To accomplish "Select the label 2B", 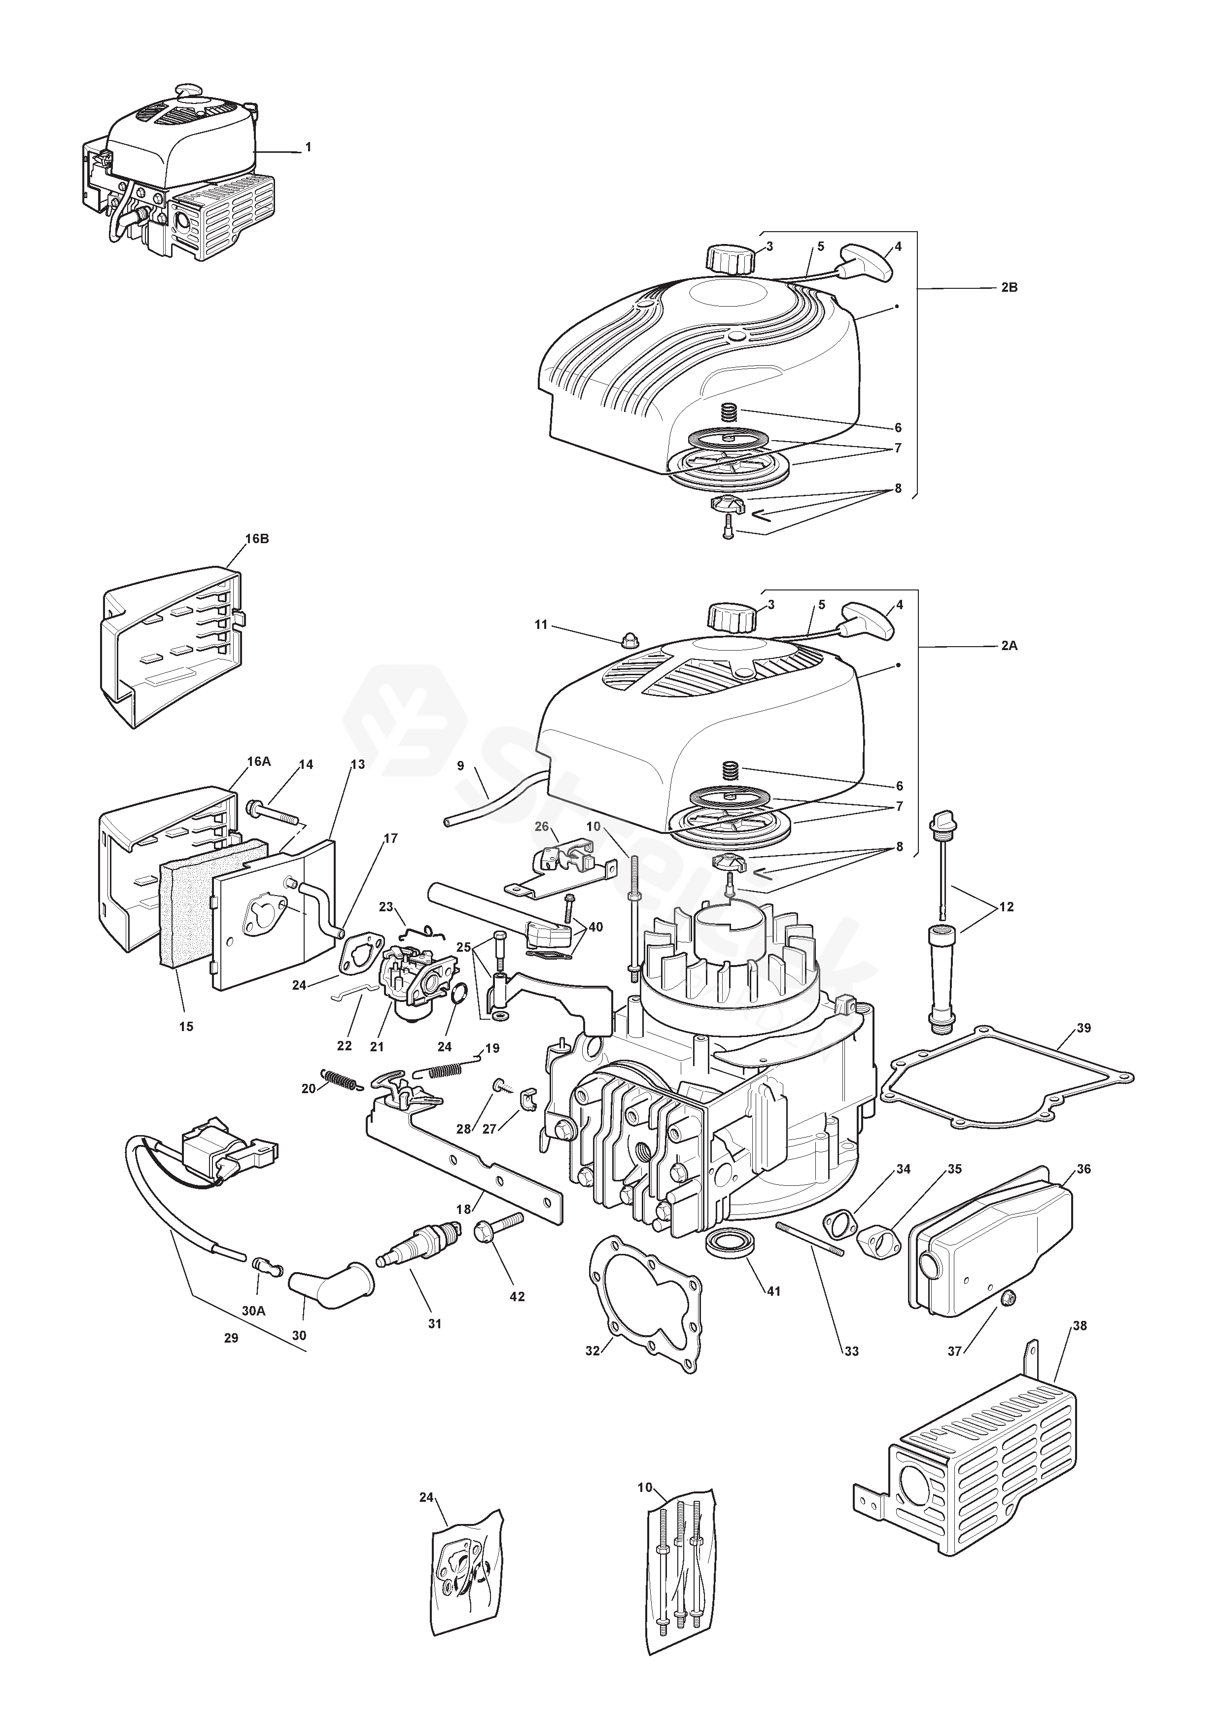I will (1009, 288).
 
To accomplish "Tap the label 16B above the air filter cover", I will (257, 539).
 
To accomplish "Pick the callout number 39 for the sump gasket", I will (1083, 1028).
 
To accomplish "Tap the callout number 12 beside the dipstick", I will (1006, 907).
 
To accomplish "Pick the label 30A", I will (254, 1311).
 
